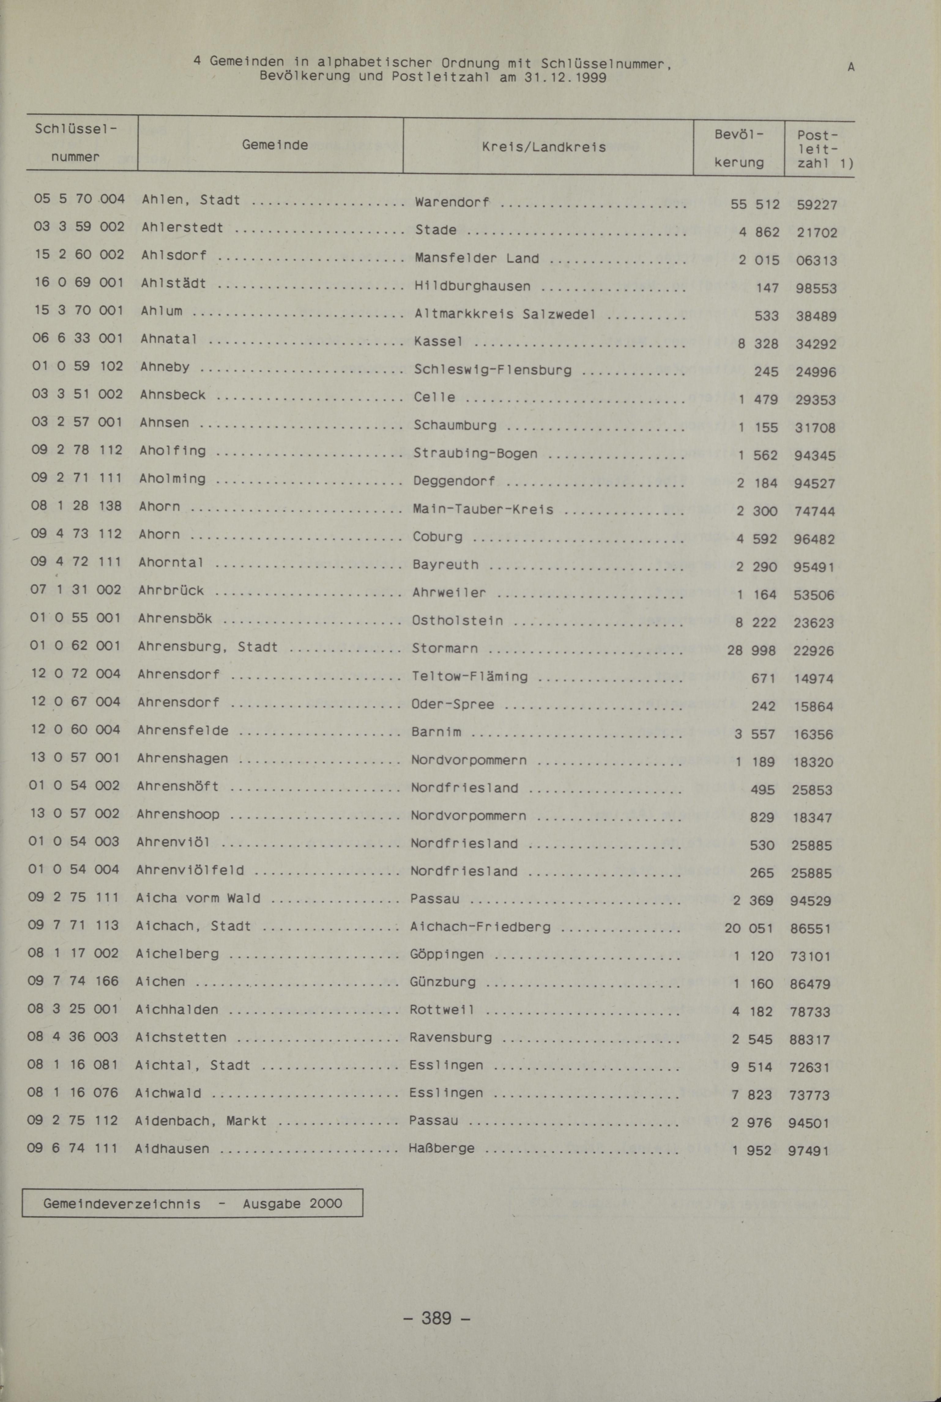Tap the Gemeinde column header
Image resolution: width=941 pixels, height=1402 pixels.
point(275,145)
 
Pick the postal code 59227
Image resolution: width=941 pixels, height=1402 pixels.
point(817,205)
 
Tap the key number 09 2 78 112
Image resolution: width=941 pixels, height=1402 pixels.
point(77,450)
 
